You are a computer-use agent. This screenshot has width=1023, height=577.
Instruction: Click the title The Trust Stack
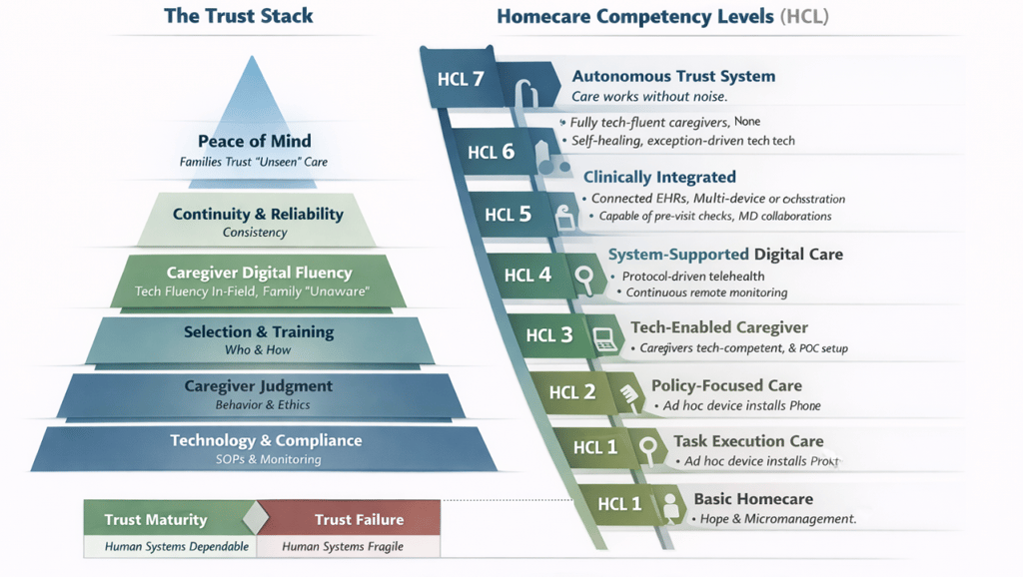(x=238, y=16)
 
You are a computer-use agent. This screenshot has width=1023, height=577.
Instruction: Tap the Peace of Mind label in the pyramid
(x=254, y=141)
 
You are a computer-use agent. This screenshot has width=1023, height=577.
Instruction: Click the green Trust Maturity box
(x=156, y=519)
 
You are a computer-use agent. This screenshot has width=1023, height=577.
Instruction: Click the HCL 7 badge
(x=461, y=79)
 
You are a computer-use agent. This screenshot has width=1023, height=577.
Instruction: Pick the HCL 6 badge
(x=492, y=152)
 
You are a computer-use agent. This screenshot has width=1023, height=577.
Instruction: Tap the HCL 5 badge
(x=509, y=214)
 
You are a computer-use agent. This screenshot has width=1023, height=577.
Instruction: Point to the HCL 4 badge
(x=527, y=274)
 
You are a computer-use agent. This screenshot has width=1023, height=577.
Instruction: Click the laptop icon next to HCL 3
(x=603, y=334)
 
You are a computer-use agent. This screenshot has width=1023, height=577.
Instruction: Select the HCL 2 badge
(x=572, y=391)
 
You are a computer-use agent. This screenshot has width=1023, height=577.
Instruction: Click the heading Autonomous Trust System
(x=673, y=76)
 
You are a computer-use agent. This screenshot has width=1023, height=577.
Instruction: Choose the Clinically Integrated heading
(x=659, y=177)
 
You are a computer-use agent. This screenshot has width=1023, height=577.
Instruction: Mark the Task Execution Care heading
(x=748, y=440)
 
